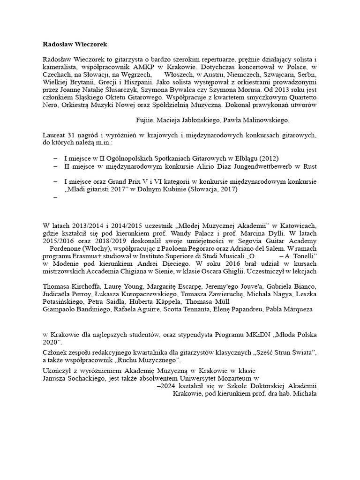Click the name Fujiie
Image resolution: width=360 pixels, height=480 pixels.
click(x=146, y=120)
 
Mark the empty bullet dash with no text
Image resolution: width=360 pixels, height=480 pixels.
click(x=55, y=197)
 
